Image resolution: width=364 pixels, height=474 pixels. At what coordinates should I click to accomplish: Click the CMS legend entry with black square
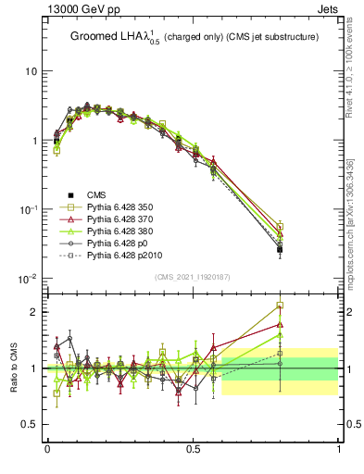(x=97, y=194)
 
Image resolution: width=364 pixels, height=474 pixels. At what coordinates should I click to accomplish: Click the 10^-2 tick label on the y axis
(x=29, y=279)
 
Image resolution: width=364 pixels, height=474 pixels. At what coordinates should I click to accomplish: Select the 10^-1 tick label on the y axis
(x=29, y=210)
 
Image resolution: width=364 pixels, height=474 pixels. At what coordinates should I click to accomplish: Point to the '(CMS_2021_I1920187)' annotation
(x=193, y=277)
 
